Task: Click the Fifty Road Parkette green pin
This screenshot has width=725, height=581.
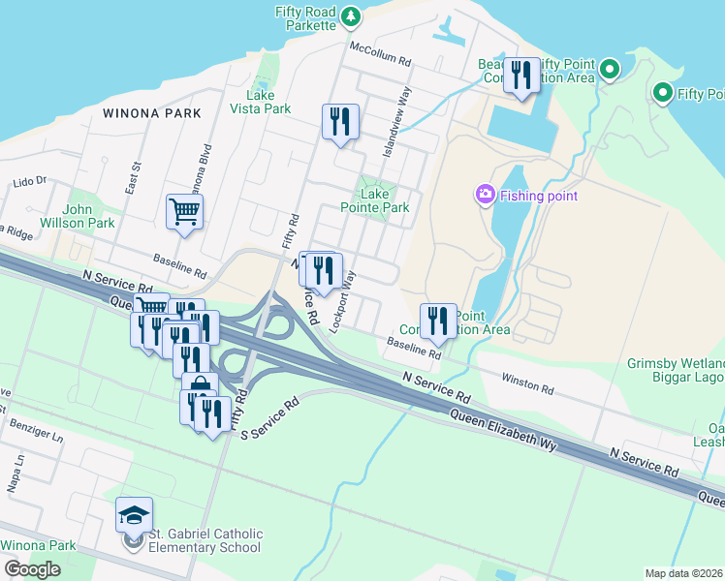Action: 351,15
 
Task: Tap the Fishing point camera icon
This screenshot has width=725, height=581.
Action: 485,196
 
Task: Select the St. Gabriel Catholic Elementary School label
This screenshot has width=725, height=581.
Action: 205,540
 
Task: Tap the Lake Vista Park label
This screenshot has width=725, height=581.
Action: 261,102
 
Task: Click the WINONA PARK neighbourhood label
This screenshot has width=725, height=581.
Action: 152,113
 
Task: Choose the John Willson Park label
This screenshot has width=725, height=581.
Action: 89,216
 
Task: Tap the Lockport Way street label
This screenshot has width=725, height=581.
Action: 341,302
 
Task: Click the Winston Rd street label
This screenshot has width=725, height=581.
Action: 527,384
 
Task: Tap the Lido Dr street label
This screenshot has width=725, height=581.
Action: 30,181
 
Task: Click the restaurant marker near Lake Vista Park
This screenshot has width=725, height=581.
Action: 340,122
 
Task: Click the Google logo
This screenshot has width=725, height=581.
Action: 32,569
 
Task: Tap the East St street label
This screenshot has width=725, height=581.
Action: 133,180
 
